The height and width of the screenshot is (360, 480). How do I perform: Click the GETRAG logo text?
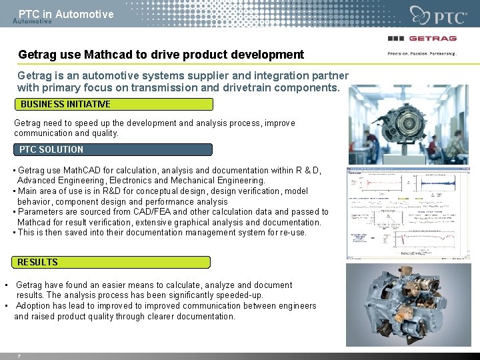click(x=432, y=38)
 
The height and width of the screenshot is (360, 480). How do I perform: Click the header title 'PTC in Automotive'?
click(x=66, y=14)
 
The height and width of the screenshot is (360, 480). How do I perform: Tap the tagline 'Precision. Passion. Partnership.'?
click(x=422, y=53)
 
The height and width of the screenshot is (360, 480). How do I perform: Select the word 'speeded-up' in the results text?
click(x=241, y=295)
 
